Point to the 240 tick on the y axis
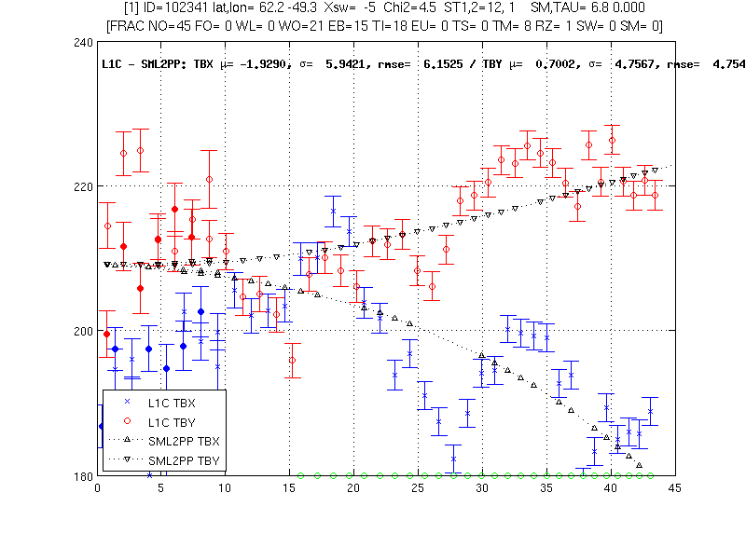click(x=83, y=43)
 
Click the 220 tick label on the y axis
click(x=83, y=186)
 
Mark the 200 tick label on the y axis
click(x=83, y=331)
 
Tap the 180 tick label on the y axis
click(x=83, y=475)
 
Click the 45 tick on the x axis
click(x=674, y=488)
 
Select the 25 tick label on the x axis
click(x=418, y=488)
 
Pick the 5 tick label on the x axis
click(x=160, y=488)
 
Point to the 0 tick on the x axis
click(x=98, y=488)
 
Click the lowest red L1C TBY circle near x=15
click(x=293, y=361)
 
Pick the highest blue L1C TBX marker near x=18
click(x=333, y=212)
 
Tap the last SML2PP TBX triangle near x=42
click(x=639, y=465)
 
